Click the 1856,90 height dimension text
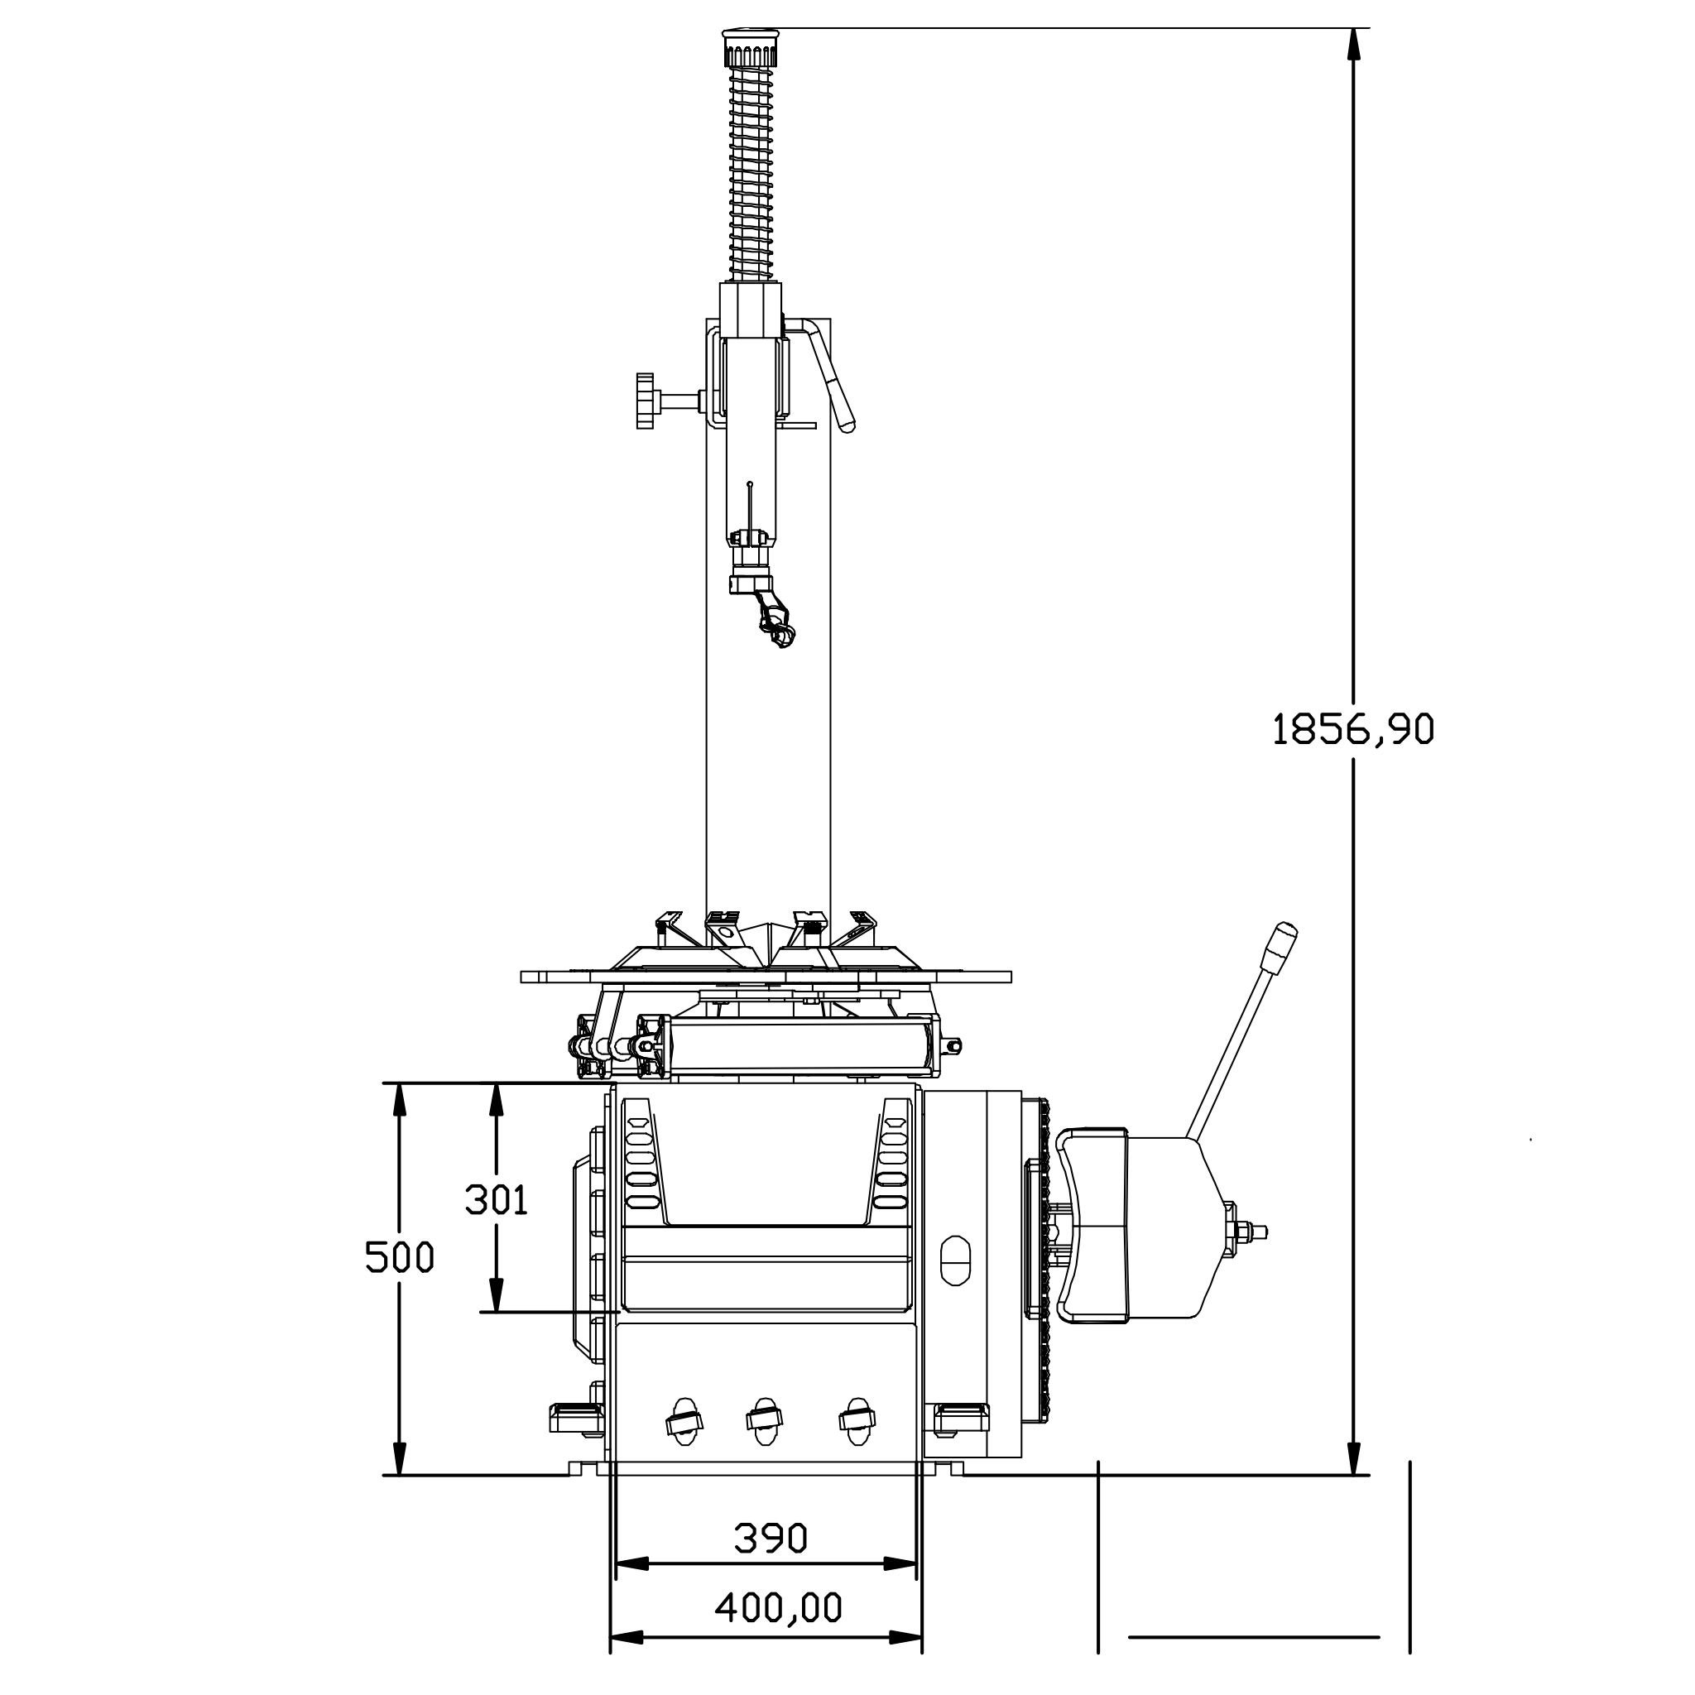pos(1353,729)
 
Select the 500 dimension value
pos(400,1258)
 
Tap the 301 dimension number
pos(497,1199)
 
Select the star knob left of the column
pos(646,401)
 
